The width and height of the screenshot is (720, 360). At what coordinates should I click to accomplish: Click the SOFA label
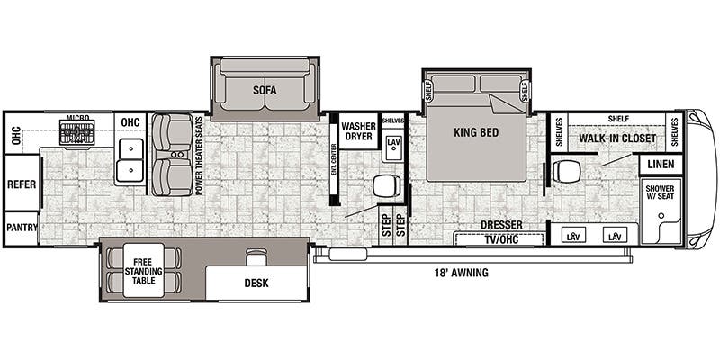(x=264, y=90)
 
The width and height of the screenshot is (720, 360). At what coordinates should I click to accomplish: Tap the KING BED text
(x=476, y=133)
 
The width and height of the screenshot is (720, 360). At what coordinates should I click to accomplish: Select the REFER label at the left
(x=22, y=183)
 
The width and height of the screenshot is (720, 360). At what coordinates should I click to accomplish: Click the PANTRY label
(x=22, y=228)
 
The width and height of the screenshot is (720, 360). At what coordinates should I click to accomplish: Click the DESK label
(x=256, y=283)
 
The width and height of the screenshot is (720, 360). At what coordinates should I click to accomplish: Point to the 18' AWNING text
(x=461, y=273)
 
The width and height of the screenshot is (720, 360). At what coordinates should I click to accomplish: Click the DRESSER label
(x=501, y=225)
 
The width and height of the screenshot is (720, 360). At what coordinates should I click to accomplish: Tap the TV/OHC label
(x=499, y=239)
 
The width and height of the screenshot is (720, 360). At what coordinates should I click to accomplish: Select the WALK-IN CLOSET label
(x=616, y=139)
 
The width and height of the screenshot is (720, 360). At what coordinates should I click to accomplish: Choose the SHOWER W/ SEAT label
(x=661, y=195)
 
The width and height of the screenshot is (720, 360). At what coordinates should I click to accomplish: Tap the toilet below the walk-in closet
(x=568, y=171)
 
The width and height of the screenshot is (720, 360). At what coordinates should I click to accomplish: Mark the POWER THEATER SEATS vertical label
(x=200, y=159)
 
